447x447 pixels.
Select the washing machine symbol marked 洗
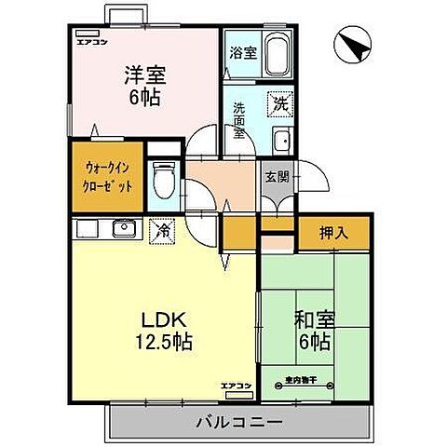pyautogui.click(x=278, y=105)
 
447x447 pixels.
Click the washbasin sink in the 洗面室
pyautogui.click(x=281, y=141)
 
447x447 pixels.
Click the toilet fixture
pyautogui.click(x=165, y=179)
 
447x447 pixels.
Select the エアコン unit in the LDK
pyautogui.click(x=237, y=386)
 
